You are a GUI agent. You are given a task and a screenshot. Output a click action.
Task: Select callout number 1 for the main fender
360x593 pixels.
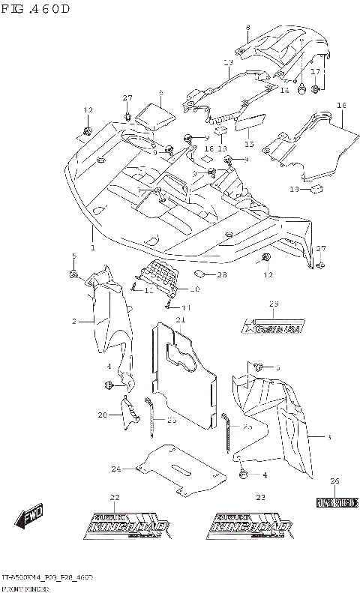point(92,247)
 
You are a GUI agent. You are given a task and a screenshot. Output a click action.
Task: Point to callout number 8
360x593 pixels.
point(247,28)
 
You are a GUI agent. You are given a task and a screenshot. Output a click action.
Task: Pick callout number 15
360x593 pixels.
point(248,143)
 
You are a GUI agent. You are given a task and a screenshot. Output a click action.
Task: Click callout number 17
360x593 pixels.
point(316,71)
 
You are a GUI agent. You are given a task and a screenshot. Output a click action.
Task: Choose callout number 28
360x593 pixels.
point(221,275)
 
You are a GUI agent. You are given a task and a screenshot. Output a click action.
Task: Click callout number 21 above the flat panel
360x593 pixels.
point(180,320)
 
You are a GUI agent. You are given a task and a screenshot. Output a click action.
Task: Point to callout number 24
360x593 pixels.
point(116,469)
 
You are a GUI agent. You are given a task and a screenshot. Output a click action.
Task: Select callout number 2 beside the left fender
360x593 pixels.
point(74,321)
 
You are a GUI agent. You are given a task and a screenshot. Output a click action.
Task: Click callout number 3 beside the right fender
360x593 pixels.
point(328,436)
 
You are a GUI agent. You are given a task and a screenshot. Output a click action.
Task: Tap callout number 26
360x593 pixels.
point(334,481)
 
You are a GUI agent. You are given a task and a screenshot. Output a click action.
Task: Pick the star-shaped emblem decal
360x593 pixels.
point(274,327)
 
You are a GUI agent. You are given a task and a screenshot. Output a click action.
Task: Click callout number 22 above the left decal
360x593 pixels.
point(115,497)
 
